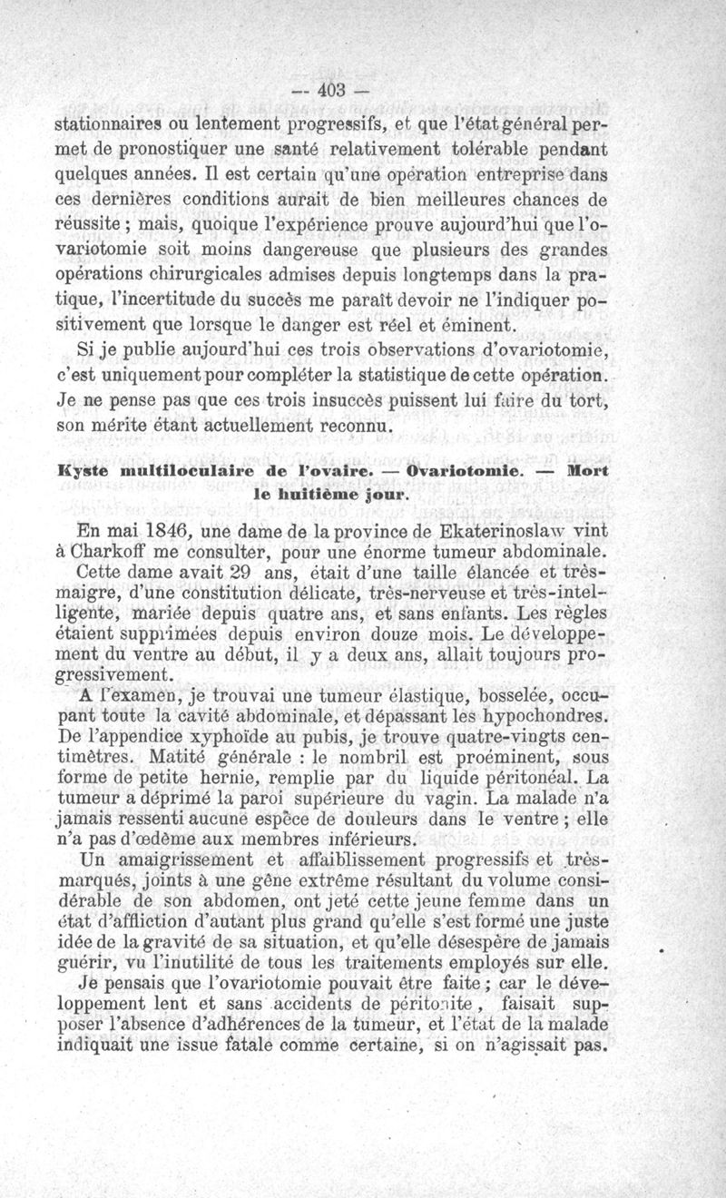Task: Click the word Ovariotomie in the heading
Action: click(x=463, y=472)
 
